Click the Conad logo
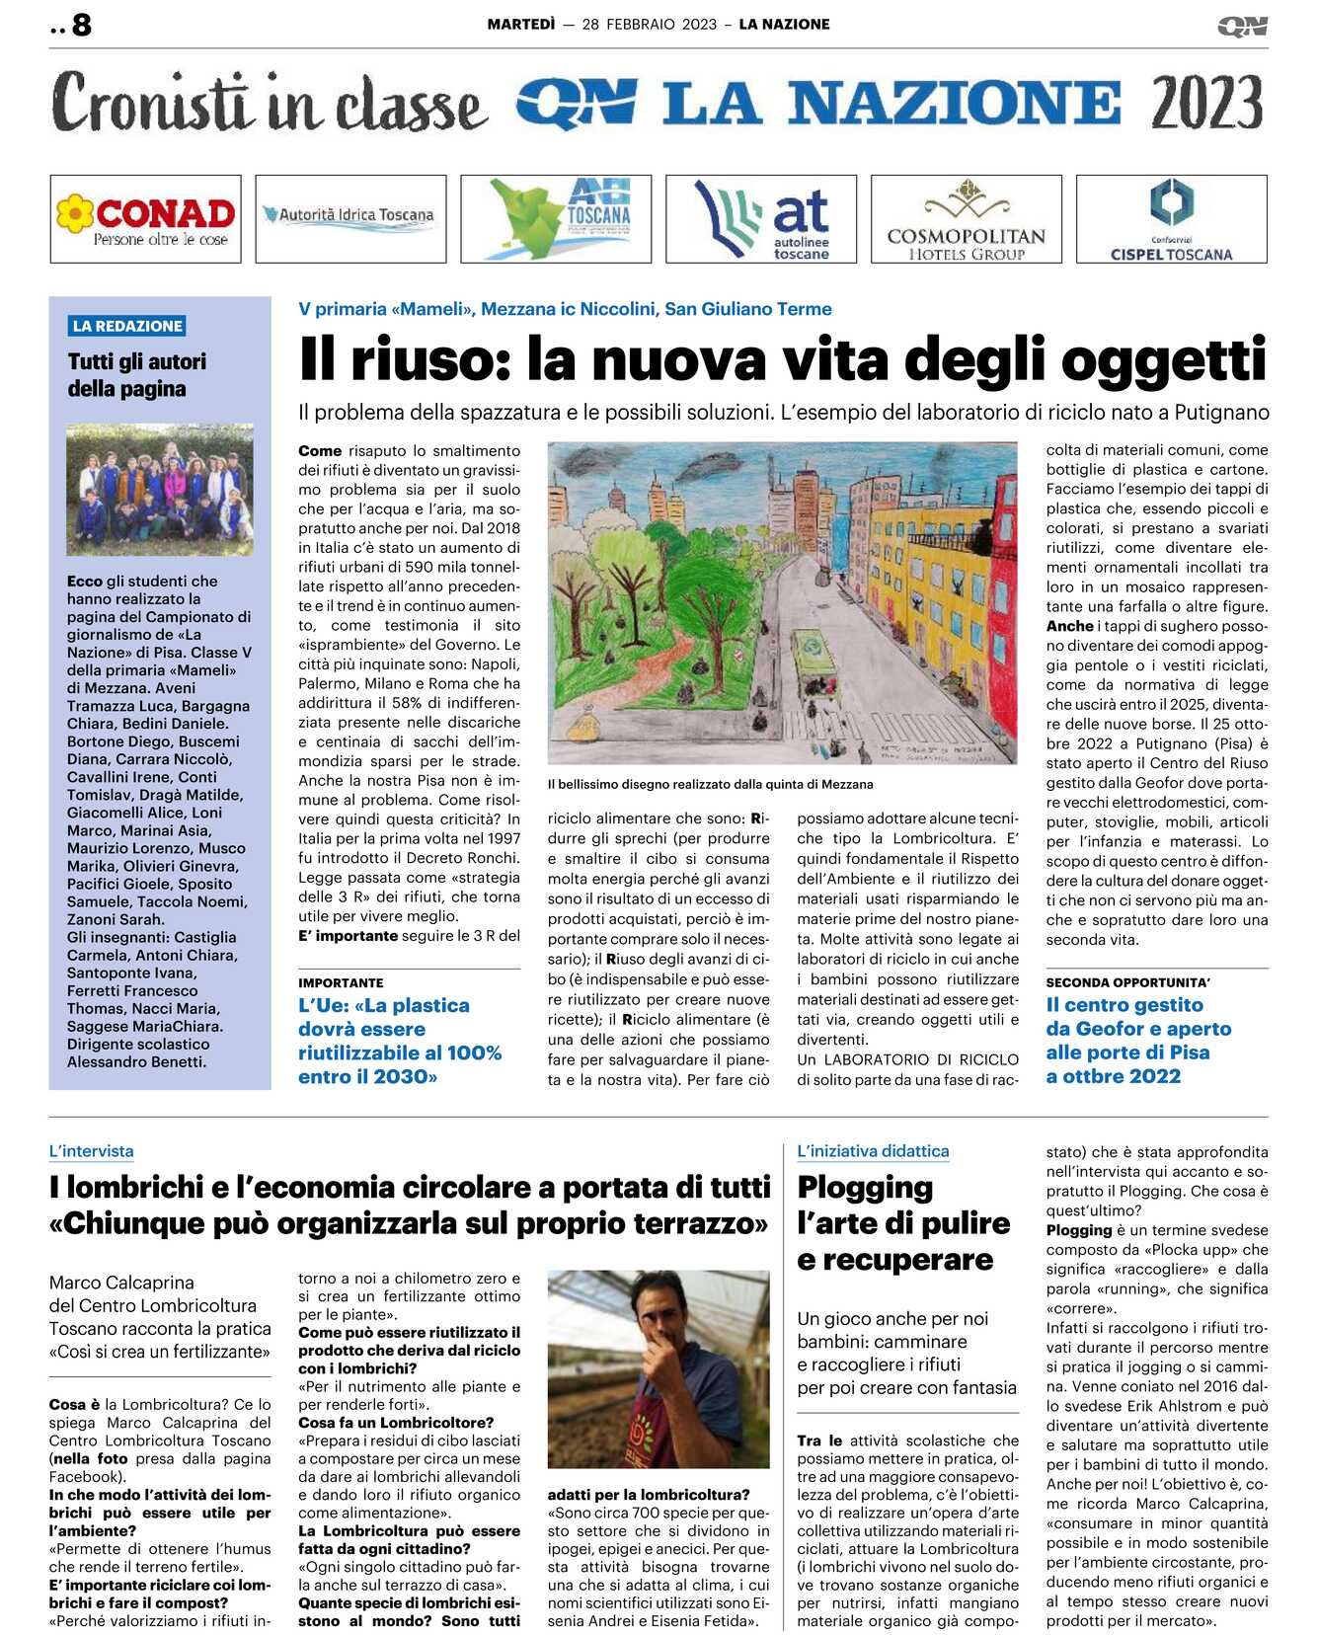click(146, 219)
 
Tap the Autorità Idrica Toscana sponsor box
click(350, 218)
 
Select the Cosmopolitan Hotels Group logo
click(966, 219)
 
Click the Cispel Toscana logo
click(1171, 219)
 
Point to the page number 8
click(82, 25)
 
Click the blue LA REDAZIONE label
click(127, 326)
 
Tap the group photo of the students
click(160, 489)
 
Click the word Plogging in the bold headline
click(865, 1187)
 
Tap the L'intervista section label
click(91, 1151)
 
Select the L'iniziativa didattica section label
click(873, 1151)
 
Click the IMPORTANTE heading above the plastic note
click(341, 982)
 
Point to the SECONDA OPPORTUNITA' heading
click(1127, 982)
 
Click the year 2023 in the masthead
click(1206, 103)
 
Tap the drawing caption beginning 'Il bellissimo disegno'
click(710, 784)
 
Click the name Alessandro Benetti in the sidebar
click(136, 1061)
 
